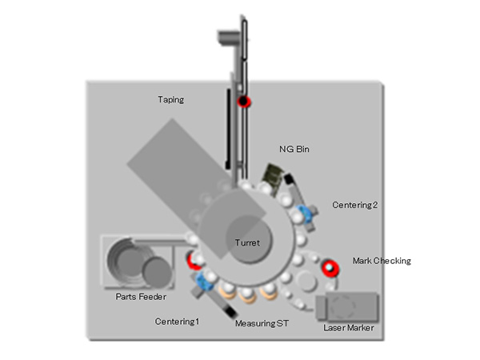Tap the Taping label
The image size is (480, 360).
click(x=170, y=100)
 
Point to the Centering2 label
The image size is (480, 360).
click(x=355, y=205)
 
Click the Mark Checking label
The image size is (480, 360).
click(x=382, y=261)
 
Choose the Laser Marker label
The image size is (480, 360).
click(x=348, y=328)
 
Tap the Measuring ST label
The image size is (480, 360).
click(x=261, y=323)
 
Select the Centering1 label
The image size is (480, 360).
click(x=177, y=321)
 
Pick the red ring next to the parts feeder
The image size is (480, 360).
click(x=193, y=259)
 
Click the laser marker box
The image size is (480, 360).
click(x=347, y=306)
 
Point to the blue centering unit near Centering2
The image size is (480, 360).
click(x=303, y=214)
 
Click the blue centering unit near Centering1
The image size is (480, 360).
click(x=202, y=282)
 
